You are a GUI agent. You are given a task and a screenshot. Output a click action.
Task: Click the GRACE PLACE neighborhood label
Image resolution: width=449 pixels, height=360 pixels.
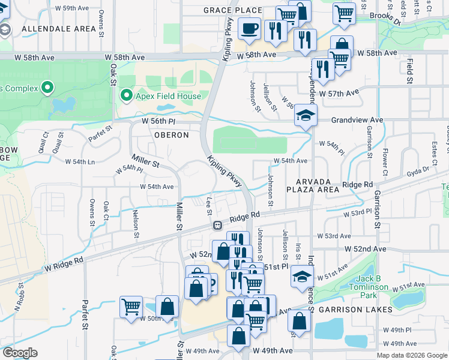[x=232, y=10]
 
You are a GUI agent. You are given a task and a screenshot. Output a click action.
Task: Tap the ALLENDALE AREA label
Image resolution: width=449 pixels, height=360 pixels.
[x=58, y=29]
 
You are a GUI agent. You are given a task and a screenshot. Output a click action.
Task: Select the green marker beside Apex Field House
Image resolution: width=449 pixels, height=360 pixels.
[x=126, y=95]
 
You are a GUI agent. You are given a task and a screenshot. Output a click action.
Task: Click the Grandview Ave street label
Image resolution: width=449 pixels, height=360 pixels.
[x=358, y=120]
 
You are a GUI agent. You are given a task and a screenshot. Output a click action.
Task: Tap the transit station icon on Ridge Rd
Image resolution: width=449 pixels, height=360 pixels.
[x=217, y=225]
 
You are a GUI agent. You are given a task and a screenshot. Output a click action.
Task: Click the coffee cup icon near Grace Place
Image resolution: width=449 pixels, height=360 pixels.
[x=249, y=28]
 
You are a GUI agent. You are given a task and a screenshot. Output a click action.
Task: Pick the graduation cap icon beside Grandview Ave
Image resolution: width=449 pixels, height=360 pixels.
[x=306, y=116]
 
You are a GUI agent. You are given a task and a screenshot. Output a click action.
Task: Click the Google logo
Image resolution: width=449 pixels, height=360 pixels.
[x=20, y=353]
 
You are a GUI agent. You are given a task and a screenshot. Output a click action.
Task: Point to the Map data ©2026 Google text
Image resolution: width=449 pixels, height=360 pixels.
[x=411, y=355]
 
